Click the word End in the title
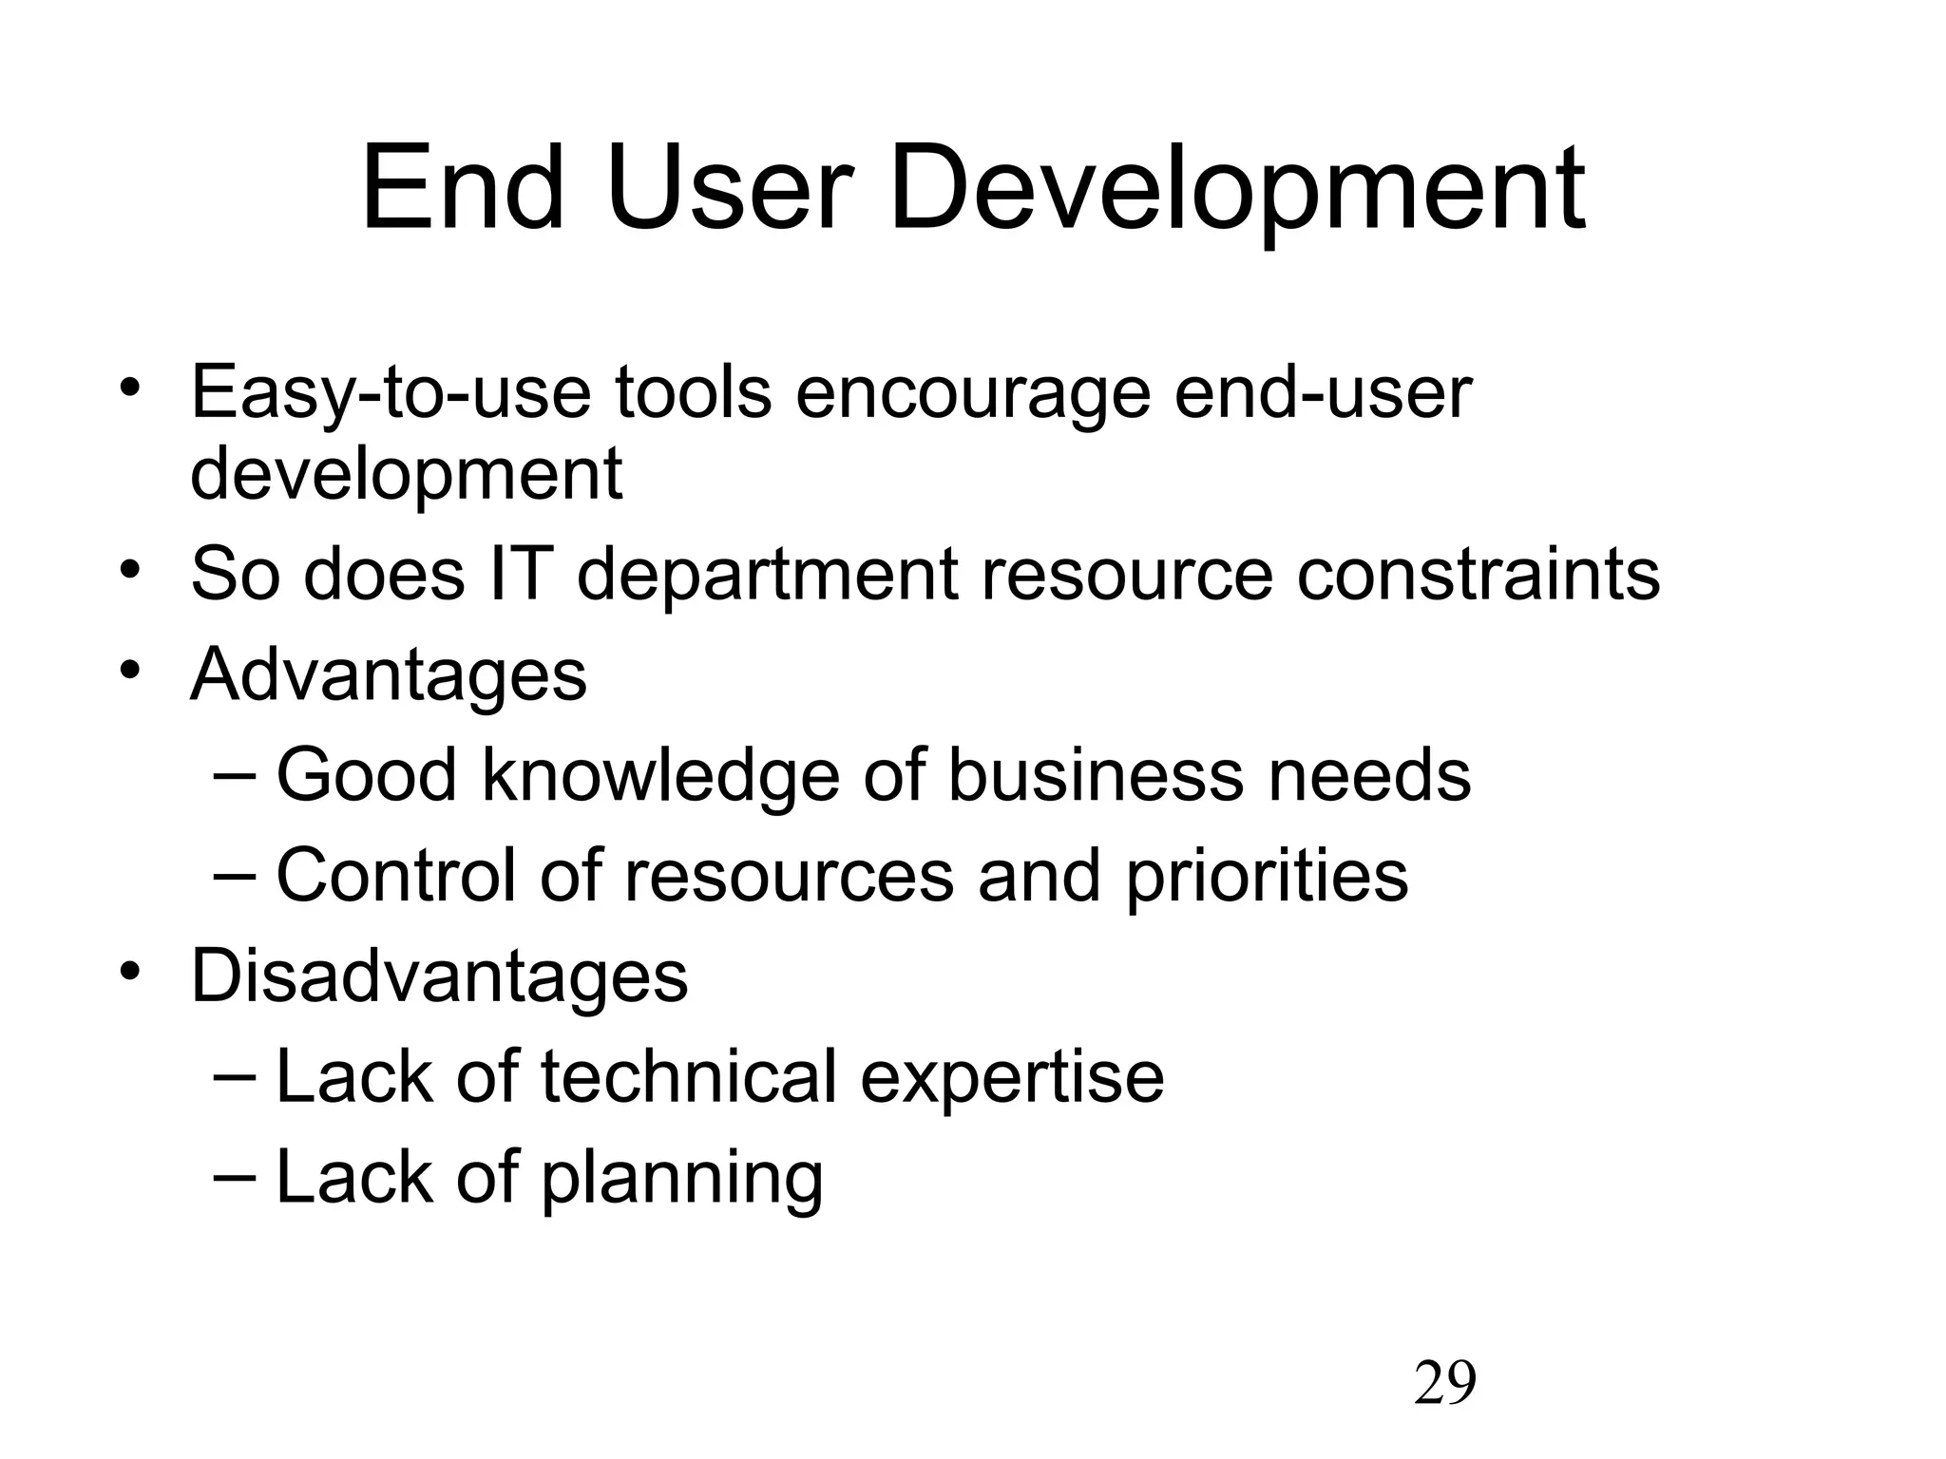click(x=463, y=188)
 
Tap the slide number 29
click(x=1444, y=1382)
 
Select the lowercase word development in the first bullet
click(x=407, y=475)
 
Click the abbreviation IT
click(x=520, y=575)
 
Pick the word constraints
click(x=1479, y=575)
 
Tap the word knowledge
click(x=661, y=775)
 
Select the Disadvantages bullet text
click(x=439, y=976)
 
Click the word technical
click(x=689, y=1077)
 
